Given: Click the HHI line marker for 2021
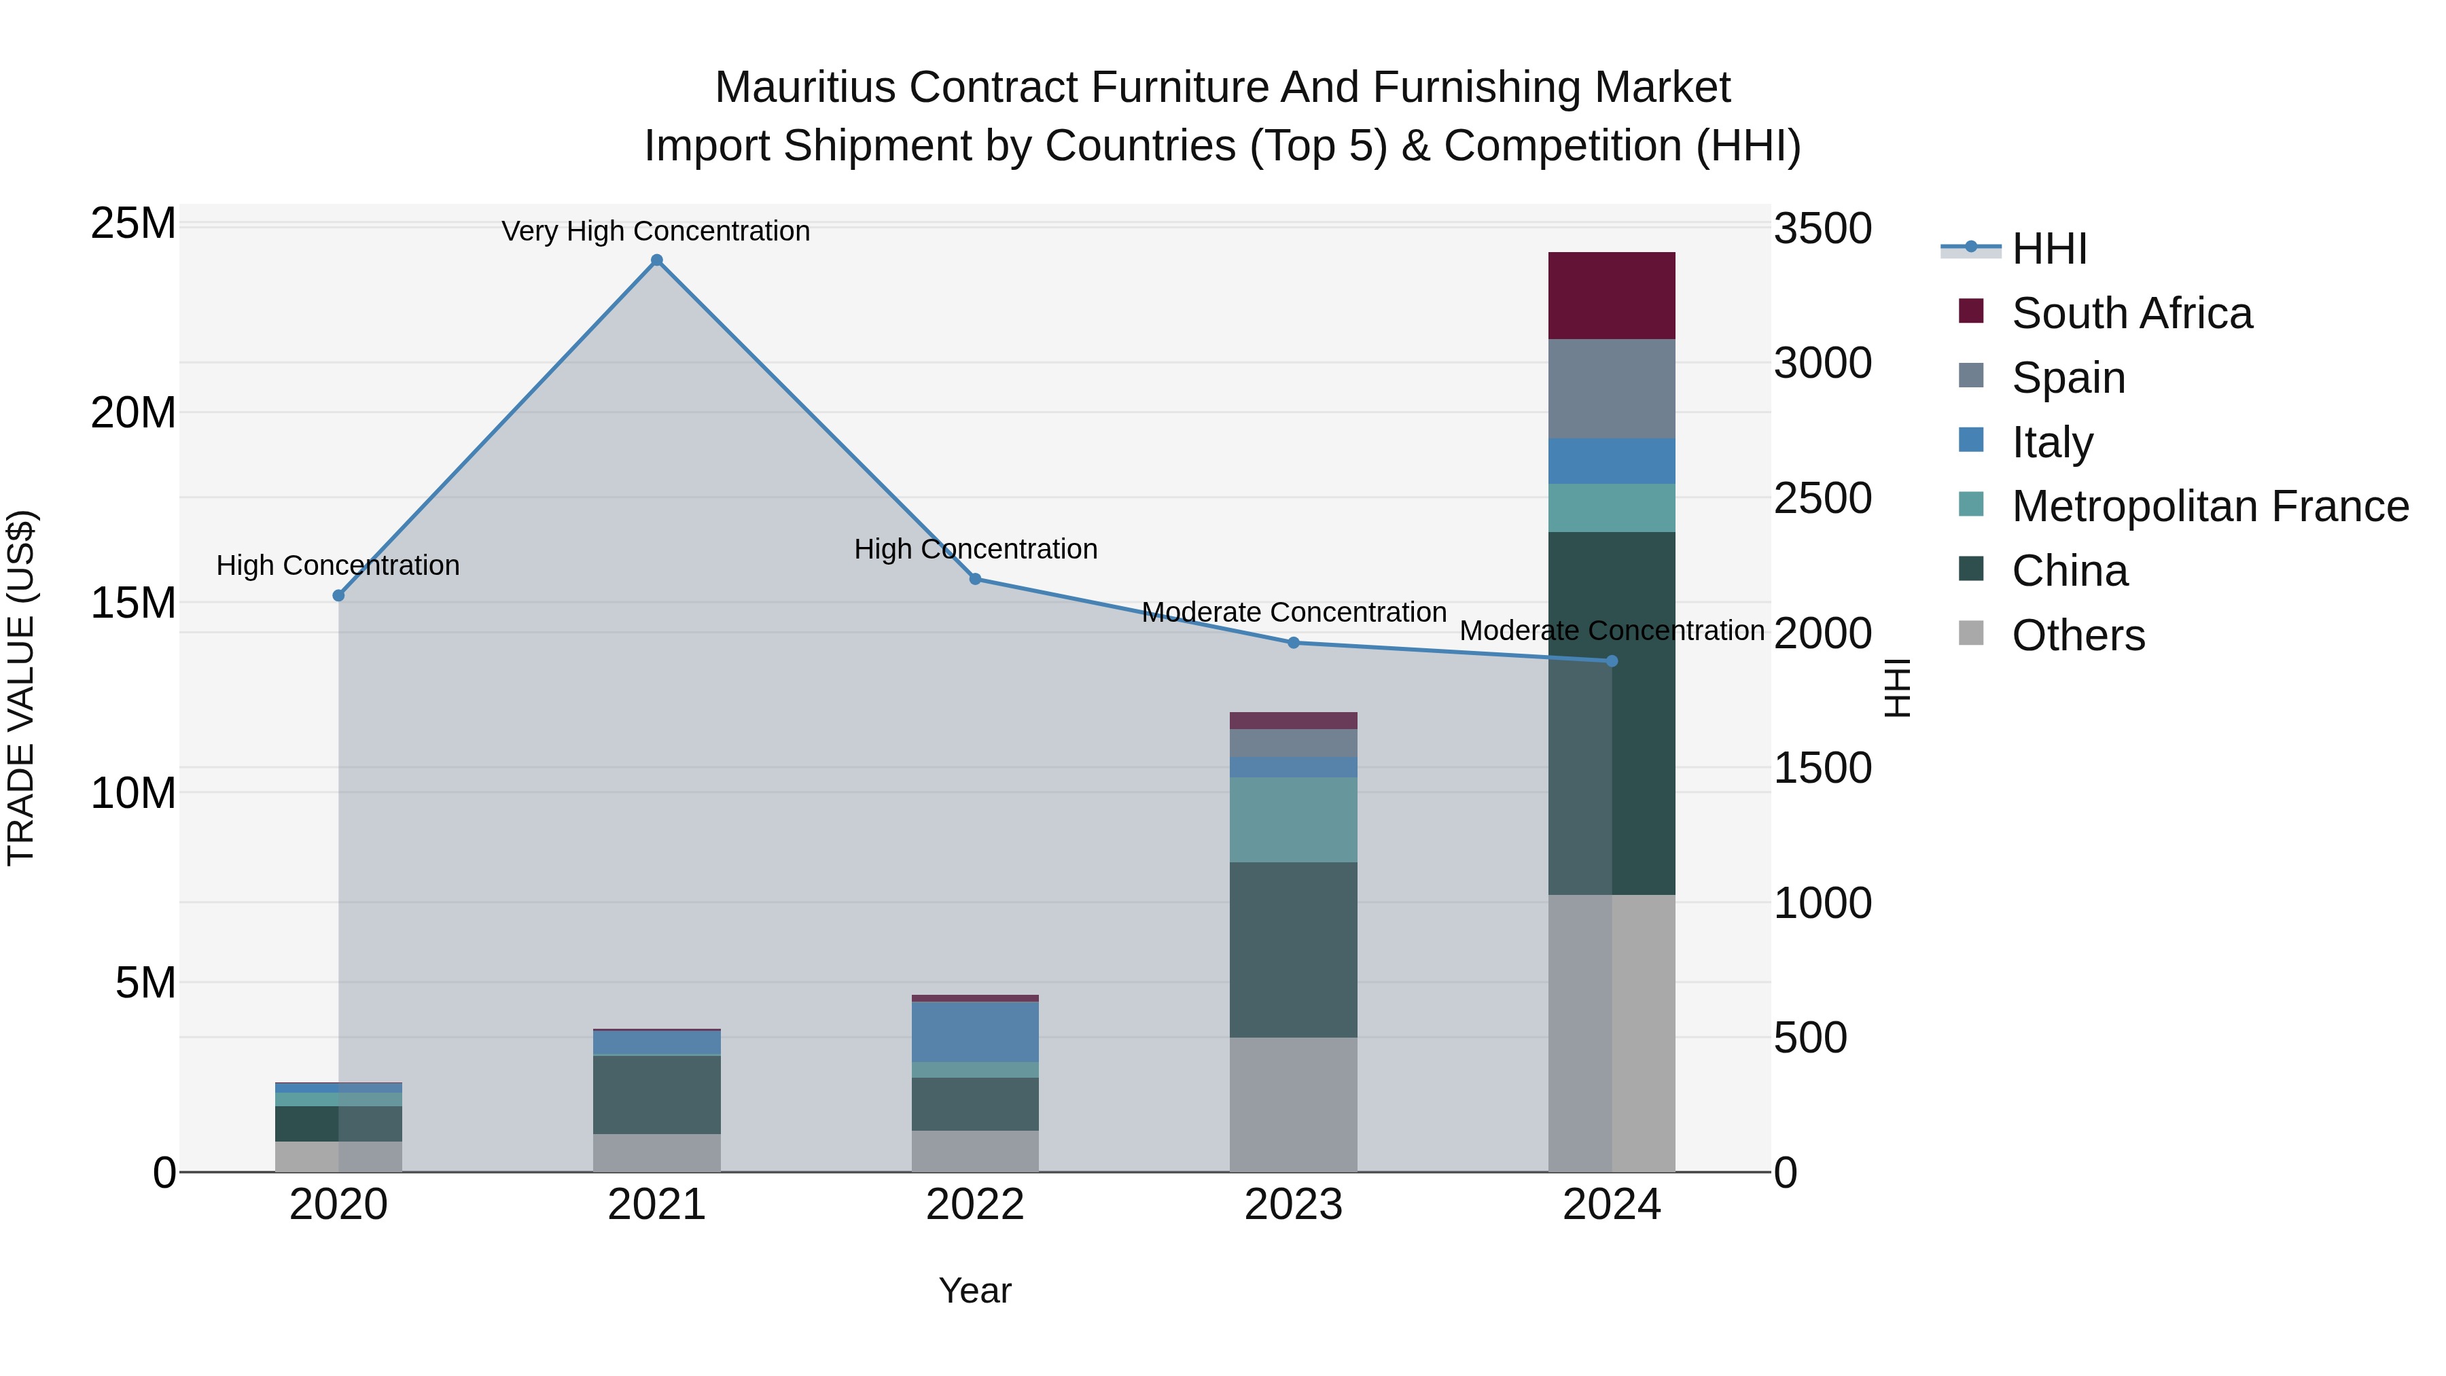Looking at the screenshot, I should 656,260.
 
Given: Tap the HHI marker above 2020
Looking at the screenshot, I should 338,595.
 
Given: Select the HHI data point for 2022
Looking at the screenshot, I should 975,578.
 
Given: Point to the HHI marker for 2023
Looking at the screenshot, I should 1293,643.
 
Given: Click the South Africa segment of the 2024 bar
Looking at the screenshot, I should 1612,296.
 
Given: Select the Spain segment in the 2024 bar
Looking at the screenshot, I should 1612,389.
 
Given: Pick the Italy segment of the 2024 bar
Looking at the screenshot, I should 1612,461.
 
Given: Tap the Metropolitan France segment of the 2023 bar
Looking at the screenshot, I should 1293,819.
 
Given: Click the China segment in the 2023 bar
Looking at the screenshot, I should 1293,950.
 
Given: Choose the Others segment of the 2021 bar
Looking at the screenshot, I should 656,1153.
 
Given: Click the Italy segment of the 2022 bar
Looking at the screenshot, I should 975,1031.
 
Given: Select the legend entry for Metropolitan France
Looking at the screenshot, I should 2210,506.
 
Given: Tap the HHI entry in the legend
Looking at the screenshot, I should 2049,249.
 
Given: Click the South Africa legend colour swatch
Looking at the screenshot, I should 1971,311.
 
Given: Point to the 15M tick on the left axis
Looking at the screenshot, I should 133,603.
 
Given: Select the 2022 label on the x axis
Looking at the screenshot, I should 975,1205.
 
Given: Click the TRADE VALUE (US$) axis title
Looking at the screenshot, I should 21,688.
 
